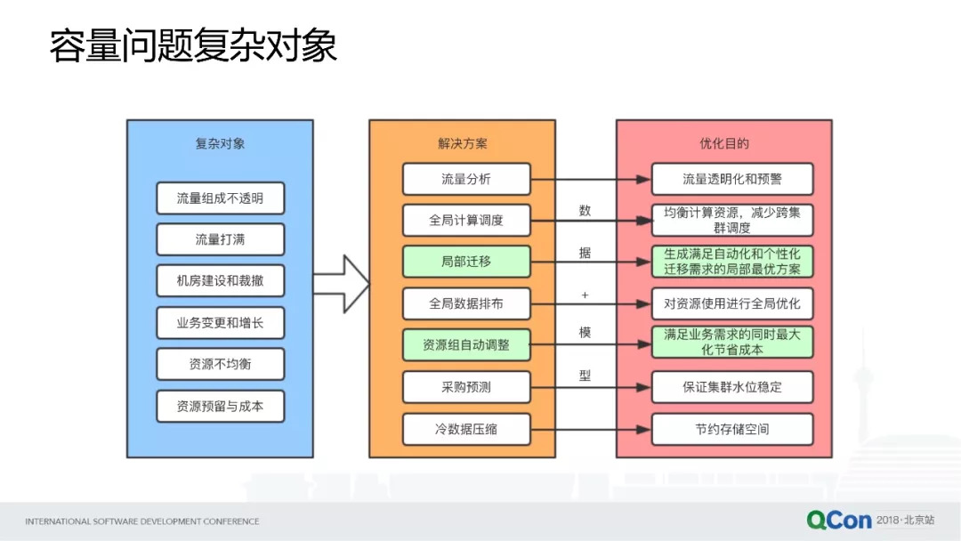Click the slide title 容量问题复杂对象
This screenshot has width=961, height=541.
point(193,47)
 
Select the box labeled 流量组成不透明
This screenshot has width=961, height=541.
point(220,198)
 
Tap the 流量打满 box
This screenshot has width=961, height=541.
point(220,239)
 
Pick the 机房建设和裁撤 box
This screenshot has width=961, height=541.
point(220,281)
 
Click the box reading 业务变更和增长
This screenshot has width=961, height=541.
point(220,323)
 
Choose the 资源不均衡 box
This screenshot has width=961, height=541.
point(220,364)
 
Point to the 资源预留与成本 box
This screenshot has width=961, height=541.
point(220,407)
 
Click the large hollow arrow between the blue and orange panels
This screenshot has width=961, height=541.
point(341,283)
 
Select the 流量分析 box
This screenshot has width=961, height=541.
point(466,179)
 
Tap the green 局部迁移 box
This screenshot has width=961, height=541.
point(466,262)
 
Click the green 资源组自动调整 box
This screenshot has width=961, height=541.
point(466,344)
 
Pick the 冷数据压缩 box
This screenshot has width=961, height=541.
point(466,429)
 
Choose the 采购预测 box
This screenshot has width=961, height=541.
point(466,387)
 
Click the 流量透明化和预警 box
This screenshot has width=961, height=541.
point(732,179)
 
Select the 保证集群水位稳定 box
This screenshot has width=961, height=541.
point(732,387)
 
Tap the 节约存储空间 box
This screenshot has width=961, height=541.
point(732,429)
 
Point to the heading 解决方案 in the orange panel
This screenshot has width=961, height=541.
point(463,143)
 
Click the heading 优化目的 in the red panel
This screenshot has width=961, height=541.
point(724,143)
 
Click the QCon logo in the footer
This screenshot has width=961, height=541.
point(839,520)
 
